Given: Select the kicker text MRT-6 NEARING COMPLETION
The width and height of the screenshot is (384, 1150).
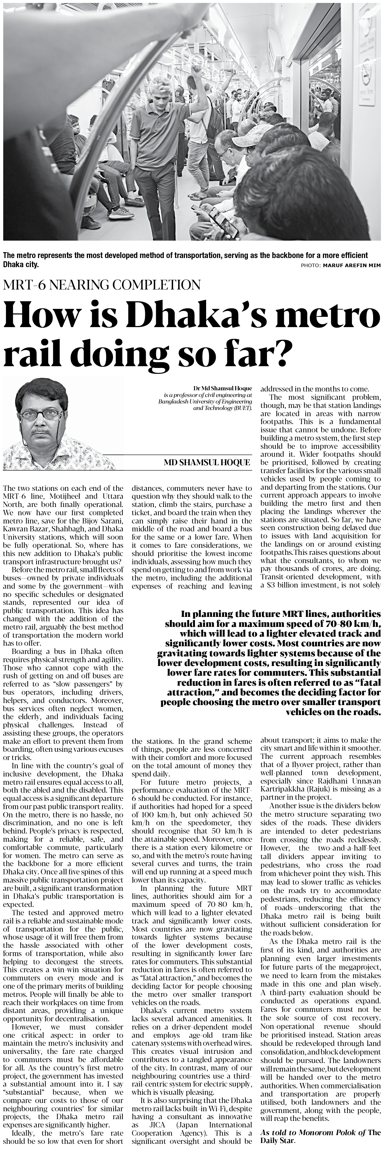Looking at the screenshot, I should [101, 285].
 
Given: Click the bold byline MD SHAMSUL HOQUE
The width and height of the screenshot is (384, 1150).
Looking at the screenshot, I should [207, 463].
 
